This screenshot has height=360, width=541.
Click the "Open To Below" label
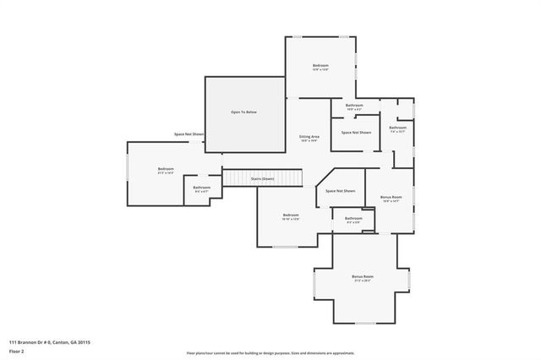244,112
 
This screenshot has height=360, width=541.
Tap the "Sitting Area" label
309,136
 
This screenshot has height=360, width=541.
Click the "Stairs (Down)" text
263,179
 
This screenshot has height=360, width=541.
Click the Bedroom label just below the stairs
291,215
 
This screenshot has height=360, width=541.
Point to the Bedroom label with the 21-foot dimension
166,170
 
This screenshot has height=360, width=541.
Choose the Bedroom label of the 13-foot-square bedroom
320,66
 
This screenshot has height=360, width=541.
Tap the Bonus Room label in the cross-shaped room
363,277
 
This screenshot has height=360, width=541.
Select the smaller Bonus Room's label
391,197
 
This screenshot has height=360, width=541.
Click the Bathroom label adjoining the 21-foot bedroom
201,188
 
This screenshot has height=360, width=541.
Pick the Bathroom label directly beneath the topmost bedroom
354,106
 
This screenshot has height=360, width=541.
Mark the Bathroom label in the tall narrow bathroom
397,128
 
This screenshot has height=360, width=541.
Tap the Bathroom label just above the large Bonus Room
353,218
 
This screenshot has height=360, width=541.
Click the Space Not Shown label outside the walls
189,134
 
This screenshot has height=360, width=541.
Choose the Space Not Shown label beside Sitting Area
356,133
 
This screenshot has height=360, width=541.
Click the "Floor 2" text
17,352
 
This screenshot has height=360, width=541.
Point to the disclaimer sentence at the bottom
270,353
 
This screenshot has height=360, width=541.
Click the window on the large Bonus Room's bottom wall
364,324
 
